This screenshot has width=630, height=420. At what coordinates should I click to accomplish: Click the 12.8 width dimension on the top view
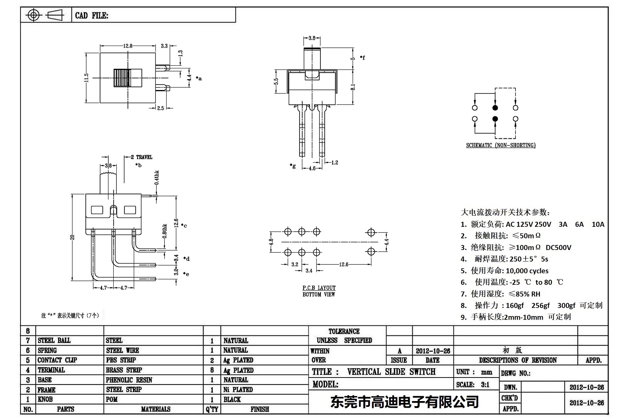[x=128, y=46]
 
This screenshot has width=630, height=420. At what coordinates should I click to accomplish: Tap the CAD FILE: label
[x=92, y=15]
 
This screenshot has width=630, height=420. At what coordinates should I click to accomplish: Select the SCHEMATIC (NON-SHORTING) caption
[x=501, y=145]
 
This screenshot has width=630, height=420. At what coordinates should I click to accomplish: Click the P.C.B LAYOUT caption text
[x=319, y=288]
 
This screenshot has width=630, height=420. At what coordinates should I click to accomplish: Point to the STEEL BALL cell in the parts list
[x=54, y=340]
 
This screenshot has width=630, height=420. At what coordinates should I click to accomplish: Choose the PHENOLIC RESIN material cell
[x=129, y=380]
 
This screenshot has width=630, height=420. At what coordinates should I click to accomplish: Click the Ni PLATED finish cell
[x=238, y=389]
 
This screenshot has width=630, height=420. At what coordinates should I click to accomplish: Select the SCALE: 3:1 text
[x=472, y=384]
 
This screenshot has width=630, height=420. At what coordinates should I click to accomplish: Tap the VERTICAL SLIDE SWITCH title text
[x=391, y=372]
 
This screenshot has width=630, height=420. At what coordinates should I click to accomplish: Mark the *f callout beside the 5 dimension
[x=362, y=58]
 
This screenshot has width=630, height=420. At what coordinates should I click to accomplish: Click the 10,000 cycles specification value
[x=527, y=271]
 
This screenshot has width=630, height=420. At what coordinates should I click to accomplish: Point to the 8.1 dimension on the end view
[x=352, y=87]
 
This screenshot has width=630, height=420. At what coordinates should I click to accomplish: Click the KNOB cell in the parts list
[x=45, y=399]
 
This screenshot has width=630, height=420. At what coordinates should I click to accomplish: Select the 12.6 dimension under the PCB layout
[x=344, y=264]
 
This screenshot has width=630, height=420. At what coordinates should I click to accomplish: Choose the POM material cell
[x=112, y=399]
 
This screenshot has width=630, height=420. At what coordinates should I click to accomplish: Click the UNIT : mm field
[x=474, y=372]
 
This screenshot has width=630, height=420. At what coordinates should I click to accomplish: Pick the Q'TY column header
[x=212, y=409]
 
